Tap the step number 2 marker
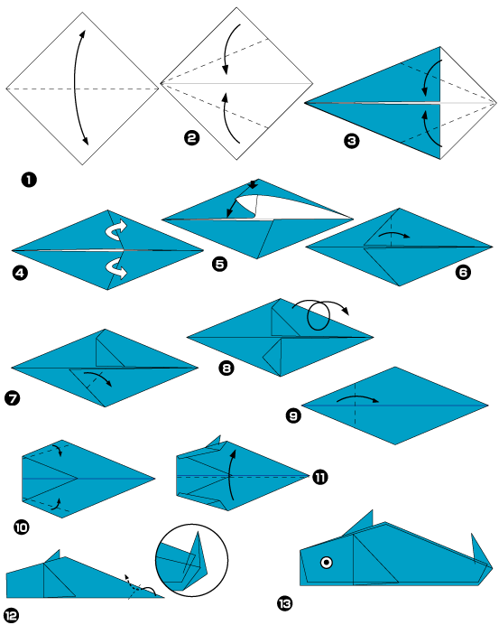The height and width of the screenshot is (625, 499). (x=190, y=137)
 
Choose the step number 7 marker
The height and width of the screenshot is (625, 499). (x=14, y=396)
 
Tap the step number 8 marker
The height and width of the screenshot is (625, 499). (x=226, y=367)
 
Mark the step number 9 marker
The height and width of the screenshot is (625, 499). (x=293, y=416)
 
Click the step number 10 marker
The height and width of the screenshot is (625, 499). (x=21, y=527)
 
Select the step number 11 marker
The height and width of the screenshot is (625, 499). (x=320, y=476)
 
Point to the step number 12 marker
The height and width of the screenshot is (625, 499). (x=11, y=615)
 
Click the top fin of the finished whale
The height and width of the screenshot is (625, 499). (x=361, y=522)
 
